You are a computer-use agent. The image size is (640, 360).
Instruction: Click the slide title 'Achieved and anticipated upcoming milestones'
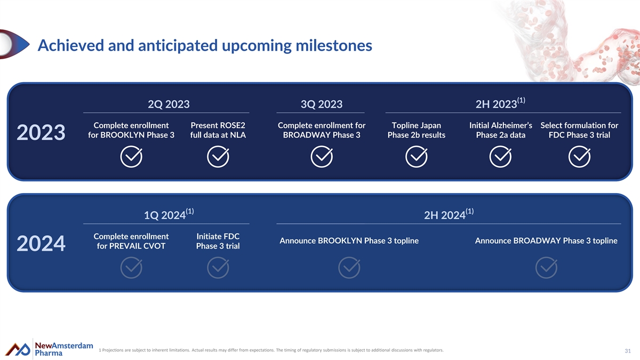pyautogui.click(x=205, y=45)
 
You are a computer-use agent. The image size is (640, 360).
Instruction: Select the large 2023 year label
pyautogui.click(x=41, y=132)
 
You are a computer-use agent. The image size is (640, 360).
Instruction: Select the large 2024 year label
pyautogui.click(x=41, y=243)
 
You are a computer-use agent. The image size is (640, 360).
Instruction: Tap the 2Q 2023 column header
pyautogui.click(x=169, y=104)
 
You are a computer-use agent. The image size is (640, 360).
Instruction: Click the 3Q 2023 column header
pyautogui.click(x=322, y=104)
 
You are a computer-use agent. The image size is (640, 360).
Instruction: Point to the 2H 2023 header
pyautogui.click(x=500, y=103)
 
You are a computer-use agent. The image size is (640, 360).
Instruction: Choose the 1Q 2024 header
pyautogui.click(x=169, y=214)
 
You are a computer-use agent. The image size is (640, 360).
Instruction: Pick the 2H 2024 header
pyautogui.click(x=449, y=214)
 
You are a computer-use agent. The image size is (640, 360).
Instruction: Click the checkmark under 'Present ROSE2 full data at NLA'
pyautogui.click(x=218, y=157)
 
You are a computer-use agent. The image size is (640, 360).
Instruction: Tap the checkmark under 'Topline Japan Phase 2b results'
pyautogui.click(x=417, y=157)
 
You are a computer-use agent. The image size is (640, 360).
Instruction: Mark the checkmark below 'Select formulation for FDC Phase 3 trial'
pyautogui.click(x=579, y=157)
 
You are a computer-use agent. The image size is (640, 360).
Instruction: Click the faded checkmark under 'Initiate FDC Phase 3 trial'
pyautogui.click(x=218, y=268)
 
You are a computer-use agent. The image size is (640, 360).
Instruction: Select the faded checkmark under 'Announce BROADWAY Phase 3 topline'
pyautogui.click(x=546, y=268)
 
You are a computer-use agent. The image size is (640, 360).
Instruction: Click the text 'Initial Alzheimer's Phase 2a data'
pyautogui.click(x=501, y=130)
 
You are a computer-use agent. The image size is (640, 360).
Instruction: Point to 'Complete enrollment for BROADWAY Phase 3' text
pyautogui.click(x=322, y=130)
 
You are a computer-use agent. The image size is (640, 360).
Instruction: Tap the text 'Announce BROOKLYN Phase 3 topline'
pyautogui.click(x=349, y=241)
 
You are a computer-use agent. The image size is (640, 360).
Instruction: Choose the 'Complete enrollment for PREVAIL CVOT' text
pyautogui.click(x=131, y=241)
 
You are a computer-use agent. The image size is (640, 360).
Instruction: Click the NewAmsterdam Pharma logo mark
pyautogui.click(x=18, y=349)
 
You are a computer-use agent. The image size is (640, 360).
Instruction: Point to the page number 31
pyautogui.click(x=628, y=351)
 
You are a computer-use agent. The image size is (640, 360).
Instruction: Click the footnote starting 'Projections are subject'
pyautogui.click(x=271, y=350)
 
